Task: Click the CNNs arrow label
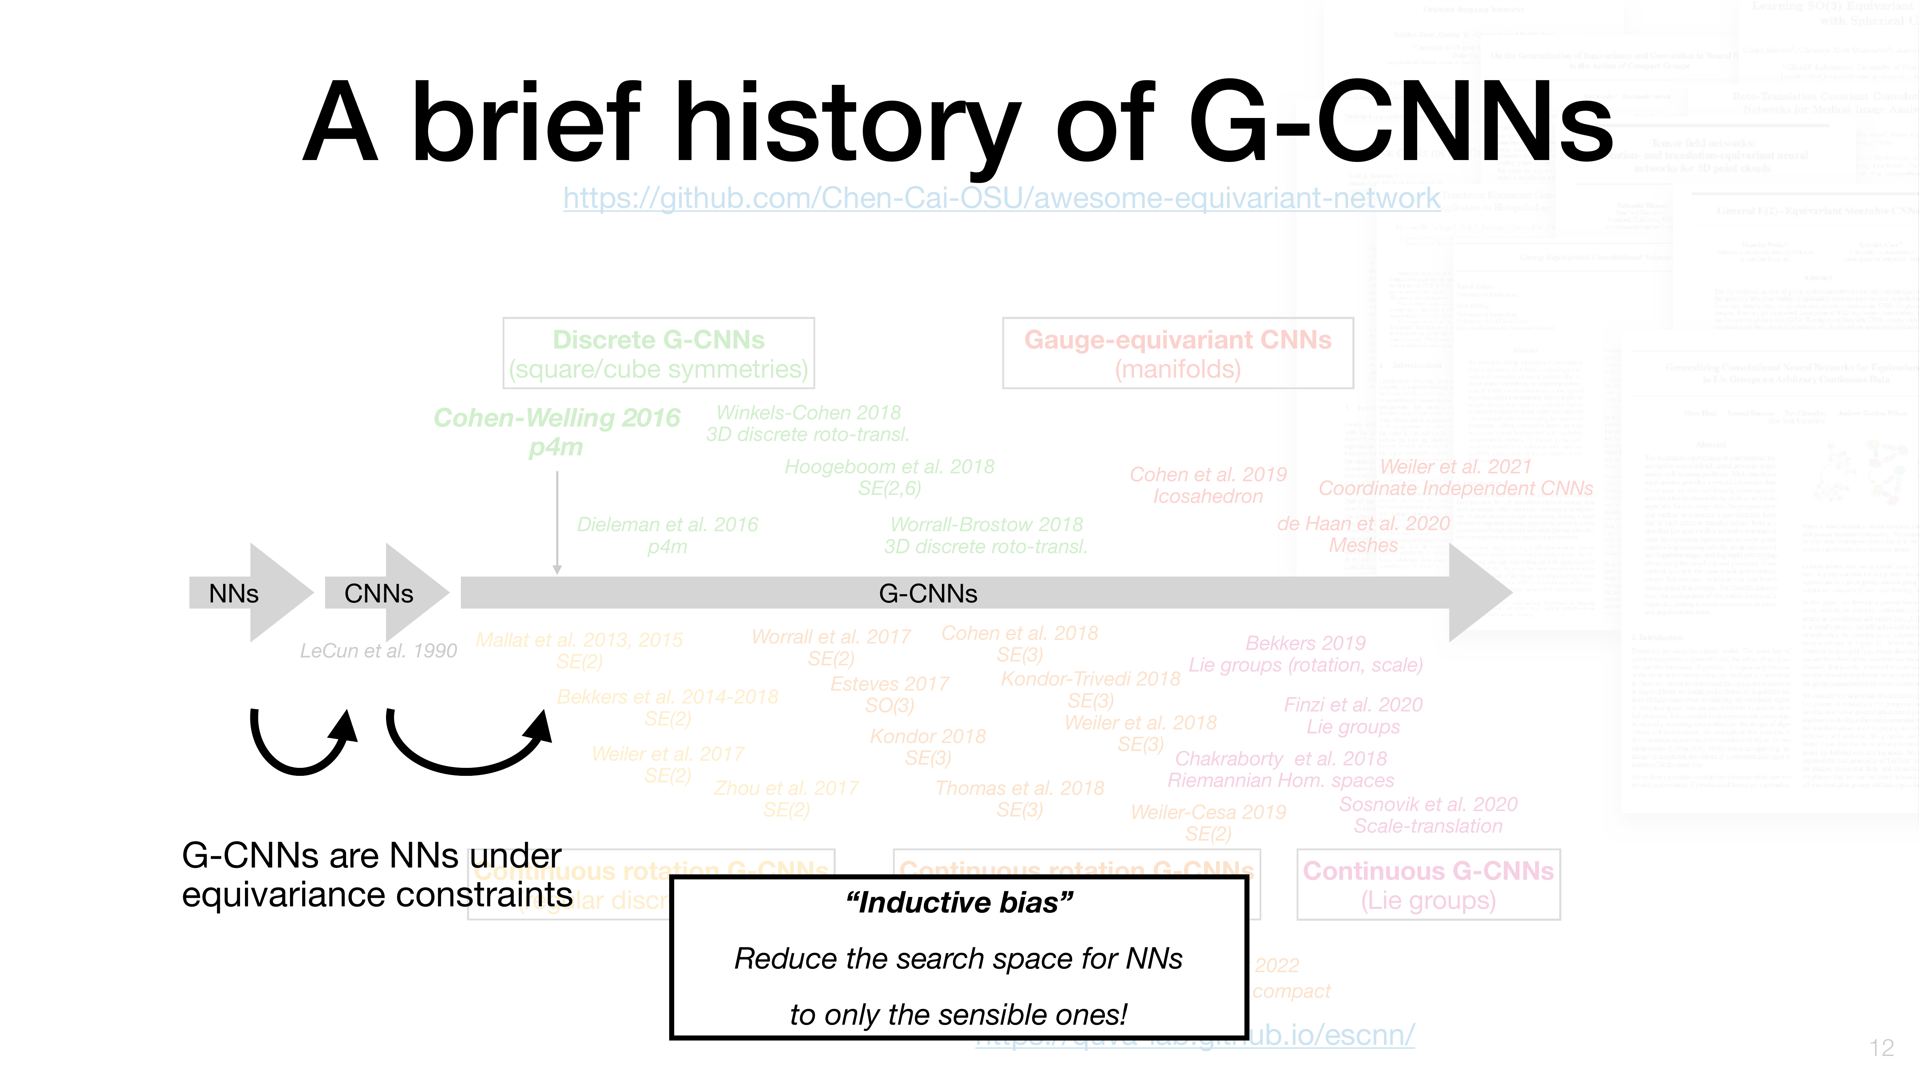pyautogui.click(x=378, y=593)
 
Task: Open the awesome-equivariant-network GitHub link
pyautogui.click(x=1001, y=198)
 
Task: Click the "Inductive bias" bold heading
pyautogui.click(x=959, y=902)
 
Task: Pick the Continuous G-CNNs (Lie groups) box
pyautogui.click(x=1428, y=885)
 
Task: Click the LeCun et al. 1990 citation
pyautogui.click(x=378, y=651)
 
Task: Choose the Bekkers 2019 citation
pyautogui.click(x=1305, y=643)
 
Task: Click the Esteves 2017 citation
pyautogui.click(x=889, y=684)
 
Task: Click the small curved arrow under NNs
pyautogui.click(x=302, y=745)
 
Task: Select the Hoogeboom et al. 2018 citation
pyautogui.click(x=889, y=467)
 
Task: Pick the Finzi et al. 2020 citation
pyautogui.click(x=1353, y=705)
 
